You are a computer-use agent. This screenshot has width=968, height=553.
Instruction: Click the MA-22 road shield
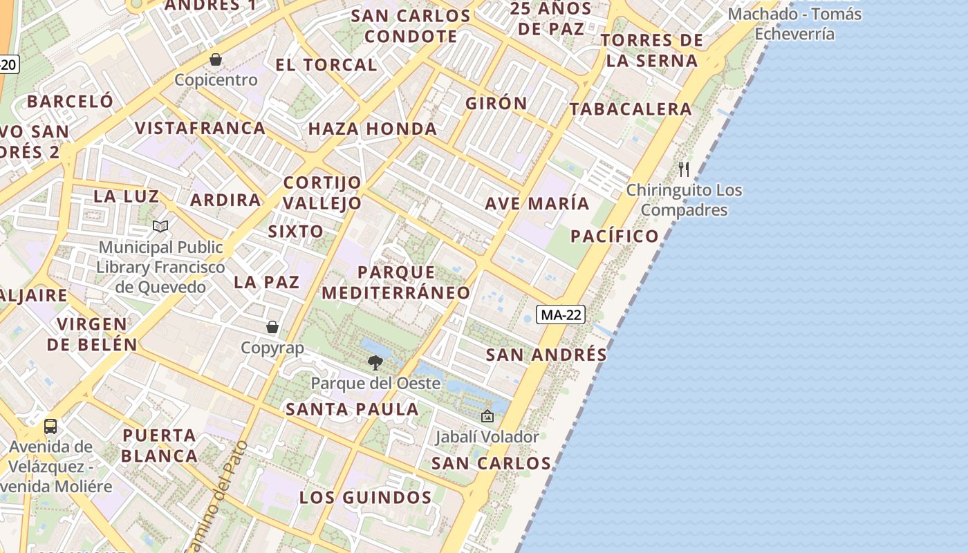click(x=561, y=315)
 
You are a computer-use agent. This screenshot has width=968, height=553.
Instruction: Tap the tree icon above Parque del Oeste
click(x=375, y=362)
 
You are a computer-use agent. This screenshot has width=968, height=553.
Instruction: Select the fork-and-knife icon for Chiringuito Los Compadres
click(x=684, y=169)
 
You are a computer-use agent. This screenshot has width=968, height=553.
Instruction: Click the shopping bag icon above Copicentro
click(x=216, y=59)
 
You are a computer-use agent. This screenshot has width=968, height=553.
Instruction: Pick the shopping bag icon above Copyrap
click(x=272, y=327)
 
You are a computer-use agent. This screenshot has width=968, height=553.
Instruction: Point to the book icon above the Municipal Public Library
click(x=160, y=226)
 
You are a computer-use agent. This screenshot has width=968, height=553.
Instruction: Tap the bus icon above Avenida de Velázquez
click(x=50, y=426)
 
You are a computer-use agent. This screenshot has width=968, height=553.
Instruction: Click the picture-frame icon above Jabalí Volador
click(x=487, y=416)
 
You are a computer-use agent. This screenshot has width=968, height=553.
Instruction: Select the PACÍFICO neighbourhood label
click(x=615, y=236)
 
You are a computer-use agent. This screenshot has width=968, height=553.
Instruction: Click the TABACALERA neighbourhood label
click(x=631, y=109)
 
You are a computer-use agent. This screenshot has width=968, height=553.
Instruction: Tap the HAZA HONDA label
click(x=373, y=129)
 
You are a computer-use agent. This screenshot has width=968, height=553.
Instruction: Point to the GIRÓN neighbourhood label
click(x=496, y=104)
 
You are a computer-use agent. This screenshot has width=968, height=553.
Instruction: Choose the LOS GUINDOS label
click(x=366, y=498)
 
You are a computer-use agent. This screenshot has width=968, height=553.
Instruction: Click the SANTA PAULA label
click(x=353, y=409)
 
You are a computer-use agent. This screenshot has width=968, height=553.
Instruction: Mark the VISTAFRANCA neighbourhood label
click(x=201, y=128)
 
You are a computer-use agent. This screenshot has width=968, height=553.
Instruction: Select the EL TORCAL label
click(x=326, y=65)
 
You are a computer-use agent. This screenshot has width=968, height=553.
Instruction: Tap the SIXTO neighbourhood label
click(x=295, y=232)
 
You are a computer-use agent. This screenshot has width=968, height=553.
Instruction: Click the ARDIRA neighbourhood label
click(x=226, y=200)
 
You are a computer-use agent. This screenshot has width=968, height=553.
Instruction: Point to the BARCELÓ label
click(x=70, y=101)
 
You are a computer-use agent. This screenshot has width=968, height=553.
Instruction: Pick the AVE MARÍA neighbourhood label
click(x=537, y=204)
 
